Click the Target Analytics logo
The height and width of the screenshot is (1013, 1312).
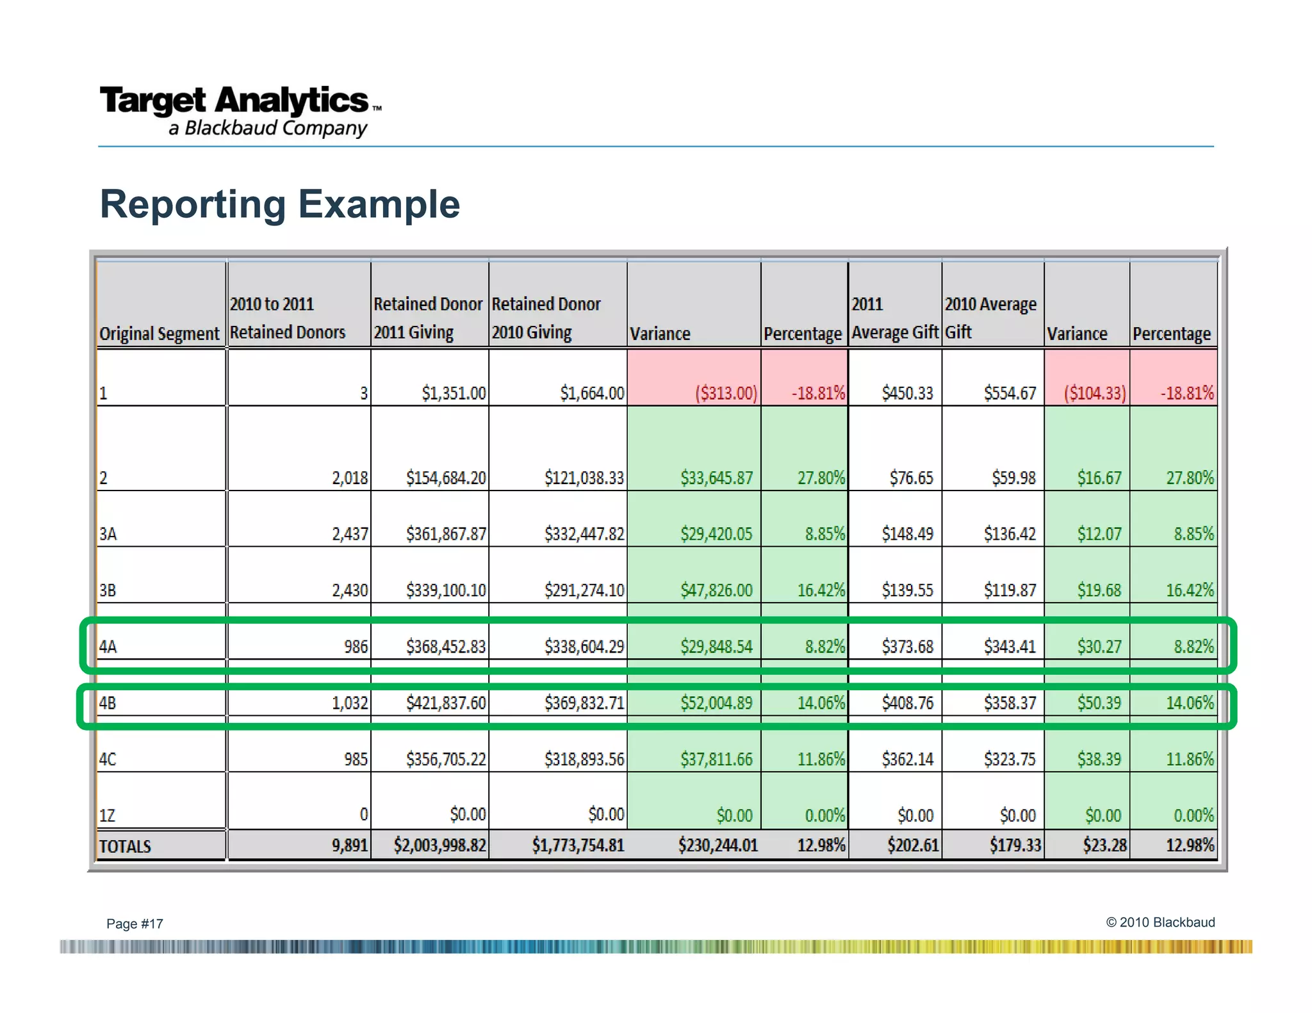[240, 111]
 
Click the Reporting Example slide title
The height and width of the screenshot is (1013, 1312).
[280, 204]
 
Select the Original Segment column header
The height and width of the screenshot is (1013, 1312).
[160, 333]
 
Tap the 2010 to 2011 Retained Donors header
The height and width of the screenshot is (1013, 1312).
[287, 318]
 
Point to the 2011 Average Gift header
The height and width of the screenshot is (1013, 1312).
[894, 318]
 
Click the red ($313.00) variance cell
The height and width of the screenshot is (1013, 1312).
[726, 393]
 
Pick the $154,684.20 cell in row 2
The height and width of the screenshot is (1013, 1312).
[446, 478]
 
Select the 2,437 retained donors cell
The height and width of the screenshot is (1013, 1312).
[350, 533]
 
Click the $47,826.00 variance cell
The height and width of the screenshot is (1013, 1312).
[716, 590]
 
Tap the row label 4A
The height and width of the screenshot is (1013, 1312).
[108, 647]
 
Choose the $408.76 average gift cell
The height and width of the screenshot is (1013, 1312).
[907, 703]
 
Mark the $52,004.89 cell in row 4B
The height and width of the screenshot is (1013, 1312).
[716, 703]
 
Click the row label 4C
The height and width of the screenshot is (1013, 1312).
[108, 759]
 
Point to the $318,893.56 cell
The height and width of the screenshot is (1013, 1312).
[584, 759]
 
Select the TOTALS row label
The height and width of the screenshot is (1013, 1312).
[125, 847]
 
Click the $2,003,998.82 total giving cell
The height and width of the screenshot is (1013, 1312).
[439, 845]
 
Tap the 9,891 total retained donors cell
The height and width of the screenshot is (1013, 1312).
[350, 845]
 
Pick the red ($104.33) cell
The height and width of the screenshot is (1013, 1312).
[1094, 393]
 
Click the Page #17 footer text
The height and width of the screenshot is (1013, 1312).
[135, 923]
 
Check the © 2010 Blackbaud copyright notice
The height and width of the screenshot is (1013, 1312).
[1160, 922]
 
